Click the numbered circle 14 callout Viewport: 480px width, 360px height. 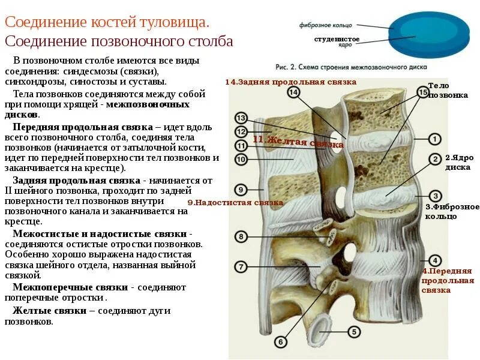click(x=293, y=92)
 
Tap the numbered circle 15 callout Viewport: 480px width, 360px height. click(x=422, y=92)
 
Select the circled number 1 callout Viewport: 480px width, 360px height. click(x=434, y=139)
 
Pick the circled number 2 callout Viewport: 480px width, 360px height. click(x=434, y=159)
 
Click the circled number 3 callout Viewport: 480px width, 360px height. click(x=436, y=196)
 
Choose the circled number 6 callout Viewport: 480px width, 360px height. click(x=280, y=342)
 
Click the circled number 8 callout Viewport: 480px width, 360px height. click(x=240, y=237)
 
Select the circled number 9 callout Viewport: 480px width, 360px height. click(x=240, y=190)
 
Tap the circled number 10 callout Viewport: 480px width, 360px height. click(x=241, y=160)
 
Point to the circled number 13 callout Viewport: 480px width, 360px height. click(x=241, y=118)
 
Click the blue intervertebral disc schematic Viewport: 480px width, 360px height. click(x=429, y=34)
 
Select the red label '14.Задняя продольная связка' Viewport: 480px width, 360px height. click(x=291, y=82)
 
